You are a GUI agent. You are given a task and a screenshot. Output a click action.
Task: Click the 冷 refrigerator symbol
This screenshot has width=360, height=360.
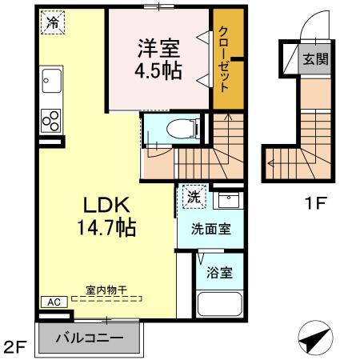tap(51, 23)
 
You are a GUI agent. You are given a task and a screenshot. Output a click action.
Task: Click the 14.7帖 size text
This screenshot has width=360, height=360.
tap(107, 227)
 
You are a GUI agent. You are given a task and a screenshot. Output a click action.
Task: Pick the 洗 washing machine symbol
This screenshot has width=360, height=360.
tap(194, 195)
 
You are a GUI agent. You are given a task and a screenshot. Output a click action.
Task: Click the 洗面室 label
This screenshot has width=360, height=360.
tap(210, 229)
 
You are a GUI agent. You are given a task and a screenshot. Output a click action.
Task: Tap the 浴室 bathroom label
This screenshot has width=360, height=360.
tap(218, 273)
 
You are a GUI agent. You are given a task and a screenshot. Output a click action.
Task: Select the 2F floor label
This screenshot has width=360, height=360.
tap(14, 346)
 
